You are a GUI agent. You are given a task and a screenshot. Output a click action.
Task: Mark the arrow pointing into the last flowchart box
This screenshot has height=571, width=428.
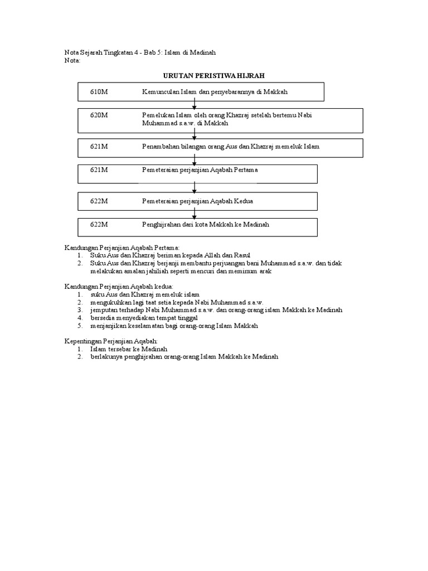pos(194,213)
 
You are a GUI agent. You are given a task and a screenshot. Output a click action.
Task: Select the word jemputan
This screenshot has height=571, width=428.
pos(104,309)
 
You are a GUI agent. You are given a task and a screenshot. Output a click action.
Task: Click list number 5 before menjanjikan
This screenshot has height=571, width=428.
pos(80,325)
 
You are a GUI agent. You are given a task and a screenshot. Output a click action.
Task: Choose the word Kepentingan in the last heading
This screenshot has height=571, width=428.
pos(81,341)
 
